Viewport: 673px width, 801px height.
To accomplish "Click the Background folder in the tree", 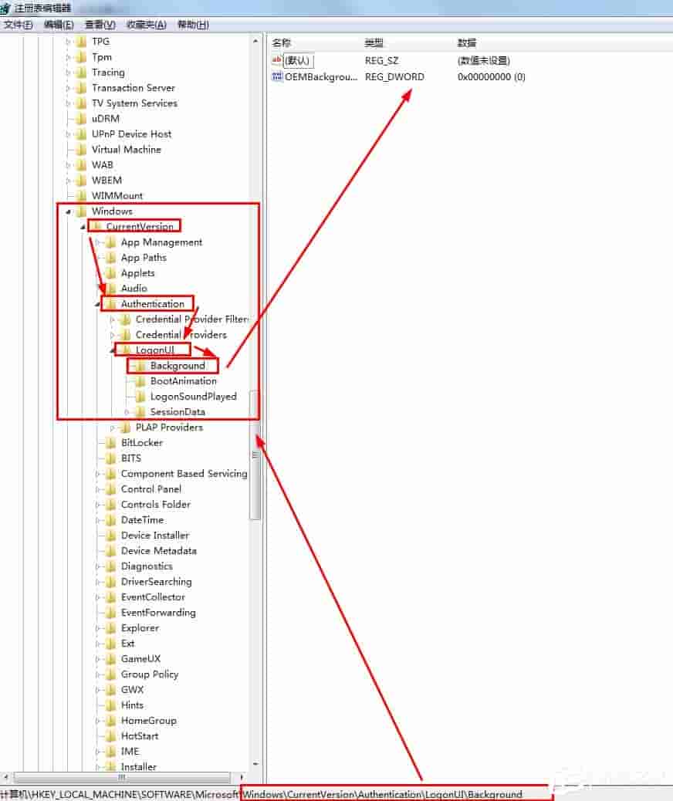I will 178,365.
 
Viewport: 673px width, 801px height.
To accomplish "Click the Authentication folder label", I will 152,303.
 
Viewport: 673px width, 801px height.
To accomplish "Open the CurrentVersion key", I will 140,226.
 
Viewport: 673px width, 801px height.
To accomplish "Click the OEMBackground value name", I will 320,76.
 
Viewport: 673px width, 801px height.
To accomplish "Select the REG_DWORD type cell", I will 394,76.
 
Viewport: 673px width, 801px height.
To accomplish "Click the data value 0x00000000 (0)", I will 491,76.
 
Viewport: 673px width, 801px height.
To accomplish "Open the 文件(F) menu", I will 19,25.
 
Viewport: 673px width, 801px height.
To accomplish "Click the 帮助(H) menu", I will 193,25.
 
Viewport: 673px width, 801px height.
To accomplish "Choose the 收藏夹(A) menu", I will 147,25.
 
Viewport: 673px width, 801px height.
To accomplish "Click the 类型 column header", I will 374,43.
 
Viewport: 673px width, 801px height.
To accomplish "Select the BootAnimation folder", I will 183,380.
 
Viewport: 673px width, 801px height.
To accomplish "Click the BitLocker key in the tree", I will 141,442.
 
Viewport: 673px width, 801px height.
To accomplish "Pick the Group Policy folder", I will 149,674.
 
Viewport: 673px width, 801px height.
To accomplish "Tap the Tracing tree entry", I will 107,72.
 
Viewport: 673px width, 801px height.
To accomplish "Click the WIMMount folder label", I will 117,195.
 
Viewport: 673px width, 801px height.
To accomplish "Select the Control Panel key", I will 150,488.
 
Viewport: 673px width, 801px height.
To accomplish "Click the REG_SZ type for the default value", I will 383,60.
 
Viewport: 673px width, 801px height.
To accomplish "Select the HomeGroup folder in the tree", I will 148,720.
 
